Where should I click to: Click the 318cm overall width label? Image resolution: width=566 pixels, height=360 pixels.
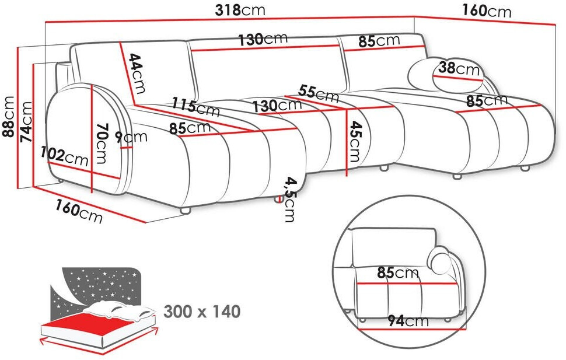pos(240,10)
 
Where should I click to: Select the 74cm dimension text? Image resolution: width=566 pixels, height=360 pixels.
pos(26,121)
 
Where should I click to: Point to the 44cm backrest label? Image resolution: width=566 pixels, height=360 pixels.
pos(138,74)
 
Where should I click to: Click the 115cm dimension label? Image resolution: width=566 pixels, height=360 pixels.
pos(195,107)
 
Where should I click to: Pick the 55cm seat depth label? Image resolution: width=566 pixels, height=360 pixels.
pos(319,93)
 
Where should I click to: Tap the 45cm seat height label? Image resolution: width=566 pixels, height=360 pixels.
pos(355,141)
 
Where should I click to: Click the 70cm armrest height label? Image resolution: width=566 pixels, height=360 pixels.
pos(102,143)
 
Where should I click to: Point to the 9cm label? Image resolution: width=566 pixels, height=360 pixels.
pos(131,136)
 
